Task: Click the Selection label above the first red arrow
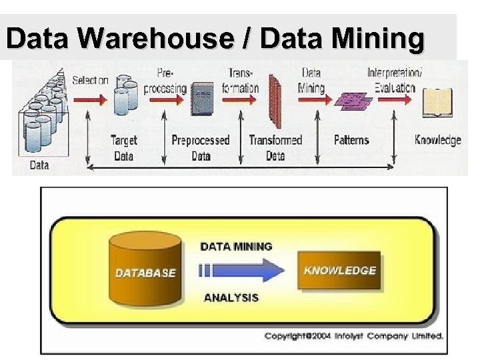pos(90,80)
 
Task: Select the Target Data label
pos(125,147)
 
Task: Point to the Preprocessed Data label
pos(200,147)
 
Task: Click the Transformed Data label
pos(275,147)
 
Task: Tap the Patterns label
pos(351,141)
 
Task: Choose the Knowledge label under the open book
pos(437,140)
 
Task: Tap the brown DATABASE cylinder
pos(145,268)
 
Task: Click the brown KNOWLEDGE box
pos(339,271)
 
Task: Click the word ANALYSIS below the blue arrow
pos(231,297)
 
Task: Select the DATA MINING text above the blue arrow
pos(236,246)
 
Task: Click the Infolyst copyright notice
pos(353,335)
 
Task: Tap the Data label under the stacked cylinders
pos(39,165)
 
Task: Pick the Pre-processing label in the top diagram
pos(167,79)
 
